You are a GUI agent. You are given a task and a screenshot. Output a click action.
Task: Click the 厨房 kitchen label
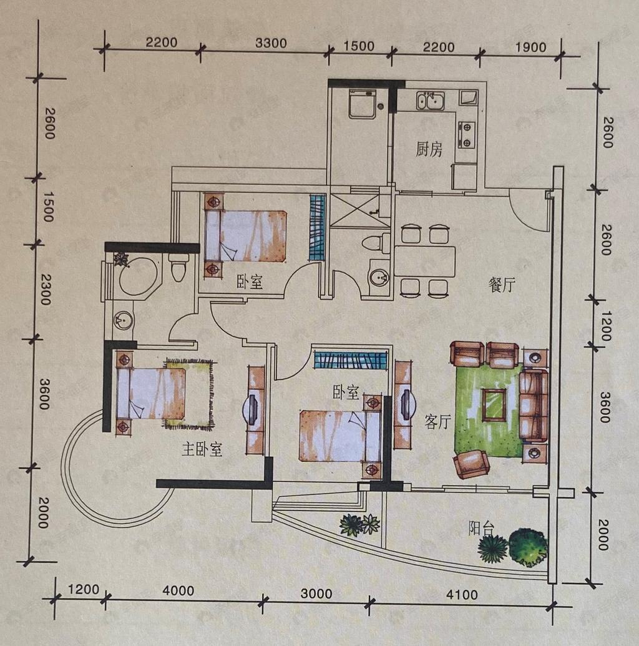429,149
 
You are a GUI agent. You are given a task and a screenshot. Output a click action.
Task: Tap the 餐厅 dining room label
502,284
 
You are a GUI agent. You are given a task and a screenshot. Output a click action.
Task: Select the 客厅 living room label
437,421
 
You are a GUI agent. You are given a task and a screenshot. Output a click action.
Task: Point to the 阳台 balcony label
482,528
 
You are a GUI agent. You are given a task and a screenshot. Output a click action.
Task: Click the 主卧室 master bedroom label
202,450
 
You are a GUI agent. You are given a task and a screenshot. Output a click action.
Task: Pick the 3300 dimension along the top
271,43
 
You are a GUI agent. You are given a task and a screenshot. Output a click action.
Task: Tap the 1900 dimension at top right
530,47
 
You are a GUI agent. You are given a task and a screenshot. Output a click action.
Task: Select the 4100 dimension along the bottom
462,594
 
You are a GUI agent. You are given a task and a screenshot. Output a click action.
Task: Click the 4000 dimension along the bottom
178,591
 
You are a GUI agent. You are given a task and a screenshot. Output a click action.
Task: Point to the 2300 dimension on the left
46,290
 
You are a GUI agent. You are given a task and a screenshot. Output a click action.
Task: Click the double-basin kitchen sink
430,100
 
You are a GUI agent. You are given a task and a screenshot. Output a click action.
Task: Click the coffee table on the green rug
495,406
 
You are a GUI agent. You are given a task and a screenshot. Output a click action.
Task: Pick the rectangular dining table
425,262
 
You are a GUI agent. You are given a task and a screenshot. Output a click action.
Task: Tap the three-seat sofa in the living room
534,406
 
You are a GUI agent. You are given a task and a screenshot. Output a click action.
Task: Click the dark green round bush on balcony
528,547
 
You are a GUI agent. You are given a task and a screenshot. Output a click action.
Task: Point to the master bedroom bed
151,393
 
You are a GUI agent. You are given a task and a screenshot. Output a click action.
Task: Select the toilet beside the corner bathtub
178,267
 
